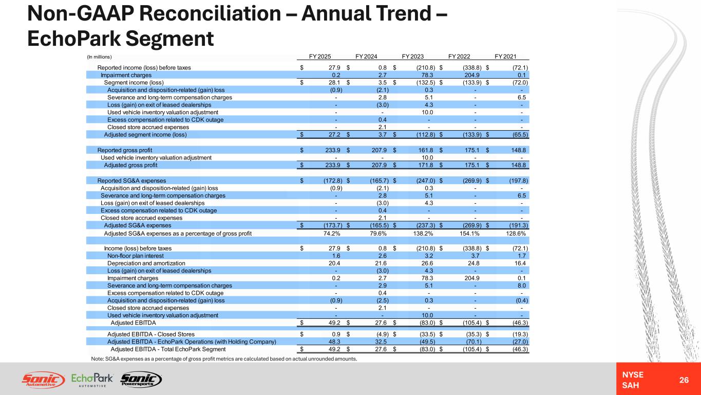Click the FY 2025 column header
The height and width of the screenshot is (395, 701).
[320, 57]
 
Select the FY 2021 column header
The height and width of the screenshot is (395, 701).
[505, 57]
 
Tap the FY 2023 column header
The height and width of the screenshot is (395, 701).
[413, 57]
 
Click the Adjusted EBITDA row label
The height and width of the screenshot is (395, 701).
[133, 323]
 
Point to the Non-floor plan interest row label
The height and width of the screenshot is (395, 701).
[136, 256]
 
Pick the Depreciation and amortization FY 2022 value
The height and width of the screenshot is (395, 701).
[473, 263]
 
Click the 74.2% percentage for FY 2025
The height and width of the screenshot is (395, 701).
[332, 234]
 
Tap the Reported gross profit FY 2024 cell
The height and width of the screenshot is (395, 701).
[380, 150]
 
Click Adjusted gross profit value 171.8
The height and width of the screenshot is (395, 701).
[426, 165]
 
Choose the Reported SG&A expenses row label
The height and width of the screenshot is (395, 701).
[132, 181]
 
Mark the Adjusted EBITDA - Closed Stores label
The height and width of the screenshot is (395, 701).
[151, 334]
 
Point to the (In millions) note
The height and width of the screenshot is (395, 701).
[99, 57]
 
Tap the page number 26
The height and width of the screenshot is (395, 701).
[684, 380]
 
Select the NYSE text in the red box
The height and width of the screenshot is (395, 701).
[633, 374]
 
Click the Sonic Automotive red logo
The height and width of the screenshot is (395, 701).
[43, 380]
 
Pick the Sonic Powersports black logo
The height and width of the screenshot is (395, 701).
[141, 380]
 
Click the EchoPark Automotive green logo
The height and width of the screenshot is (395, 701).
[92, 380]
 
